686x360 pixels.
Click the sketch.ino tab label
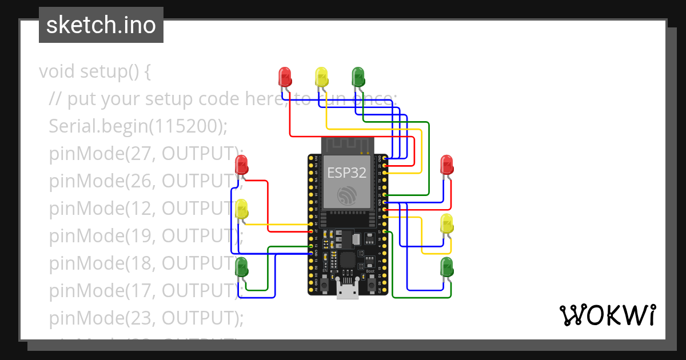point(101,26)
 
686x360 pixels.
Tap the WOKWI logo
point(607,315)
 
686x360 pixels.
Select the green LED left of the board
point(242,266)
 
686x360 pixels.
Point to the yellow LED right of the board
point(446,223)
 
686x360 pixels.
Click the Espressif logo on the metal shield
point(346,195)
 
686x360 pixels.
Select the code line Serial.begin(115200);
point(138,126)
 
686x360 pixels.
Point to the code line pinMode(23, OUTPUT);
point(146,318)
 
